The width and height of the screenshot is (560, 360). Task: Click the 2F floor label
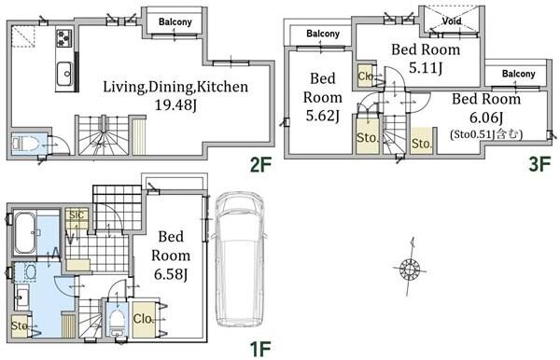(x=260, y=165)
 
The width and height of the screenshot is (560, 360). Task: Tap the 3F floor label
(x=539, y=165)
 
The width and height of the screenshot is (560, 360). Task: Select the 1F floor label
(x=260, y=350)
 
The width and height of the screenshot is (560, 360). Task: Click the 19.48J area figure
(x=175, y=105)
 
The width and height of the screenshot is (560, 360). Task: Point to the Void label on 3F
(x=452, y=21)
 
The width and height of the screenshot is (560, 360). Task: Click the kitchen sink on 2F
(x=65, y=73)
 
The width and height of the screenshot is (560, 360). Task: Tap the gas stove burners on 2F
(x=64, y=38)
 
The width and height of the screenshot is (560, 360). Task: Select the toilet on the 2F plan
(x=25, y=144)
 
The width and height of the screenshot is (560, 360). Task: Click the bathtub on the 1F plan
(x=24, y=233)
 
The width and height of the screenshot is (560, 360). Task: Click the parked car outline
(x=239, y=259)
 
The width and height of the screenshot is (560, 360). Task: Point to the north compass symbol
(x=410, y=268)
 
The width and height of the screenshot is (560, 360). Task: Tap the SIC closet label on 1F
(x=77, y=215)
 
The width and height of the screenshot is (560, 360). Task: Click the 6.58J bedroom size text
(x=171, y=274)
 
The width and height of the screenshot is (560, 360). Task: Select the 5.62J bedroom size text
(x=323, y=116)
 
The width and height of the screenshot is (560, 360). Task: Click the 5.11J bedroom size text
(x=426, y=68)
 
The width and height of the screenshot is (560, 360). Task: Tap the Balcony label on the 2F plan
(x=175, y=21)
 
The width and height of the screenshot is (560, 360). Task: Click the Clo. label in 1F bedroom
(x=144, y=319)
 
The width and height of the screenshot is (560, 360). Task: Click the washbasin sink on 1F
(x=22, y=297)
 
